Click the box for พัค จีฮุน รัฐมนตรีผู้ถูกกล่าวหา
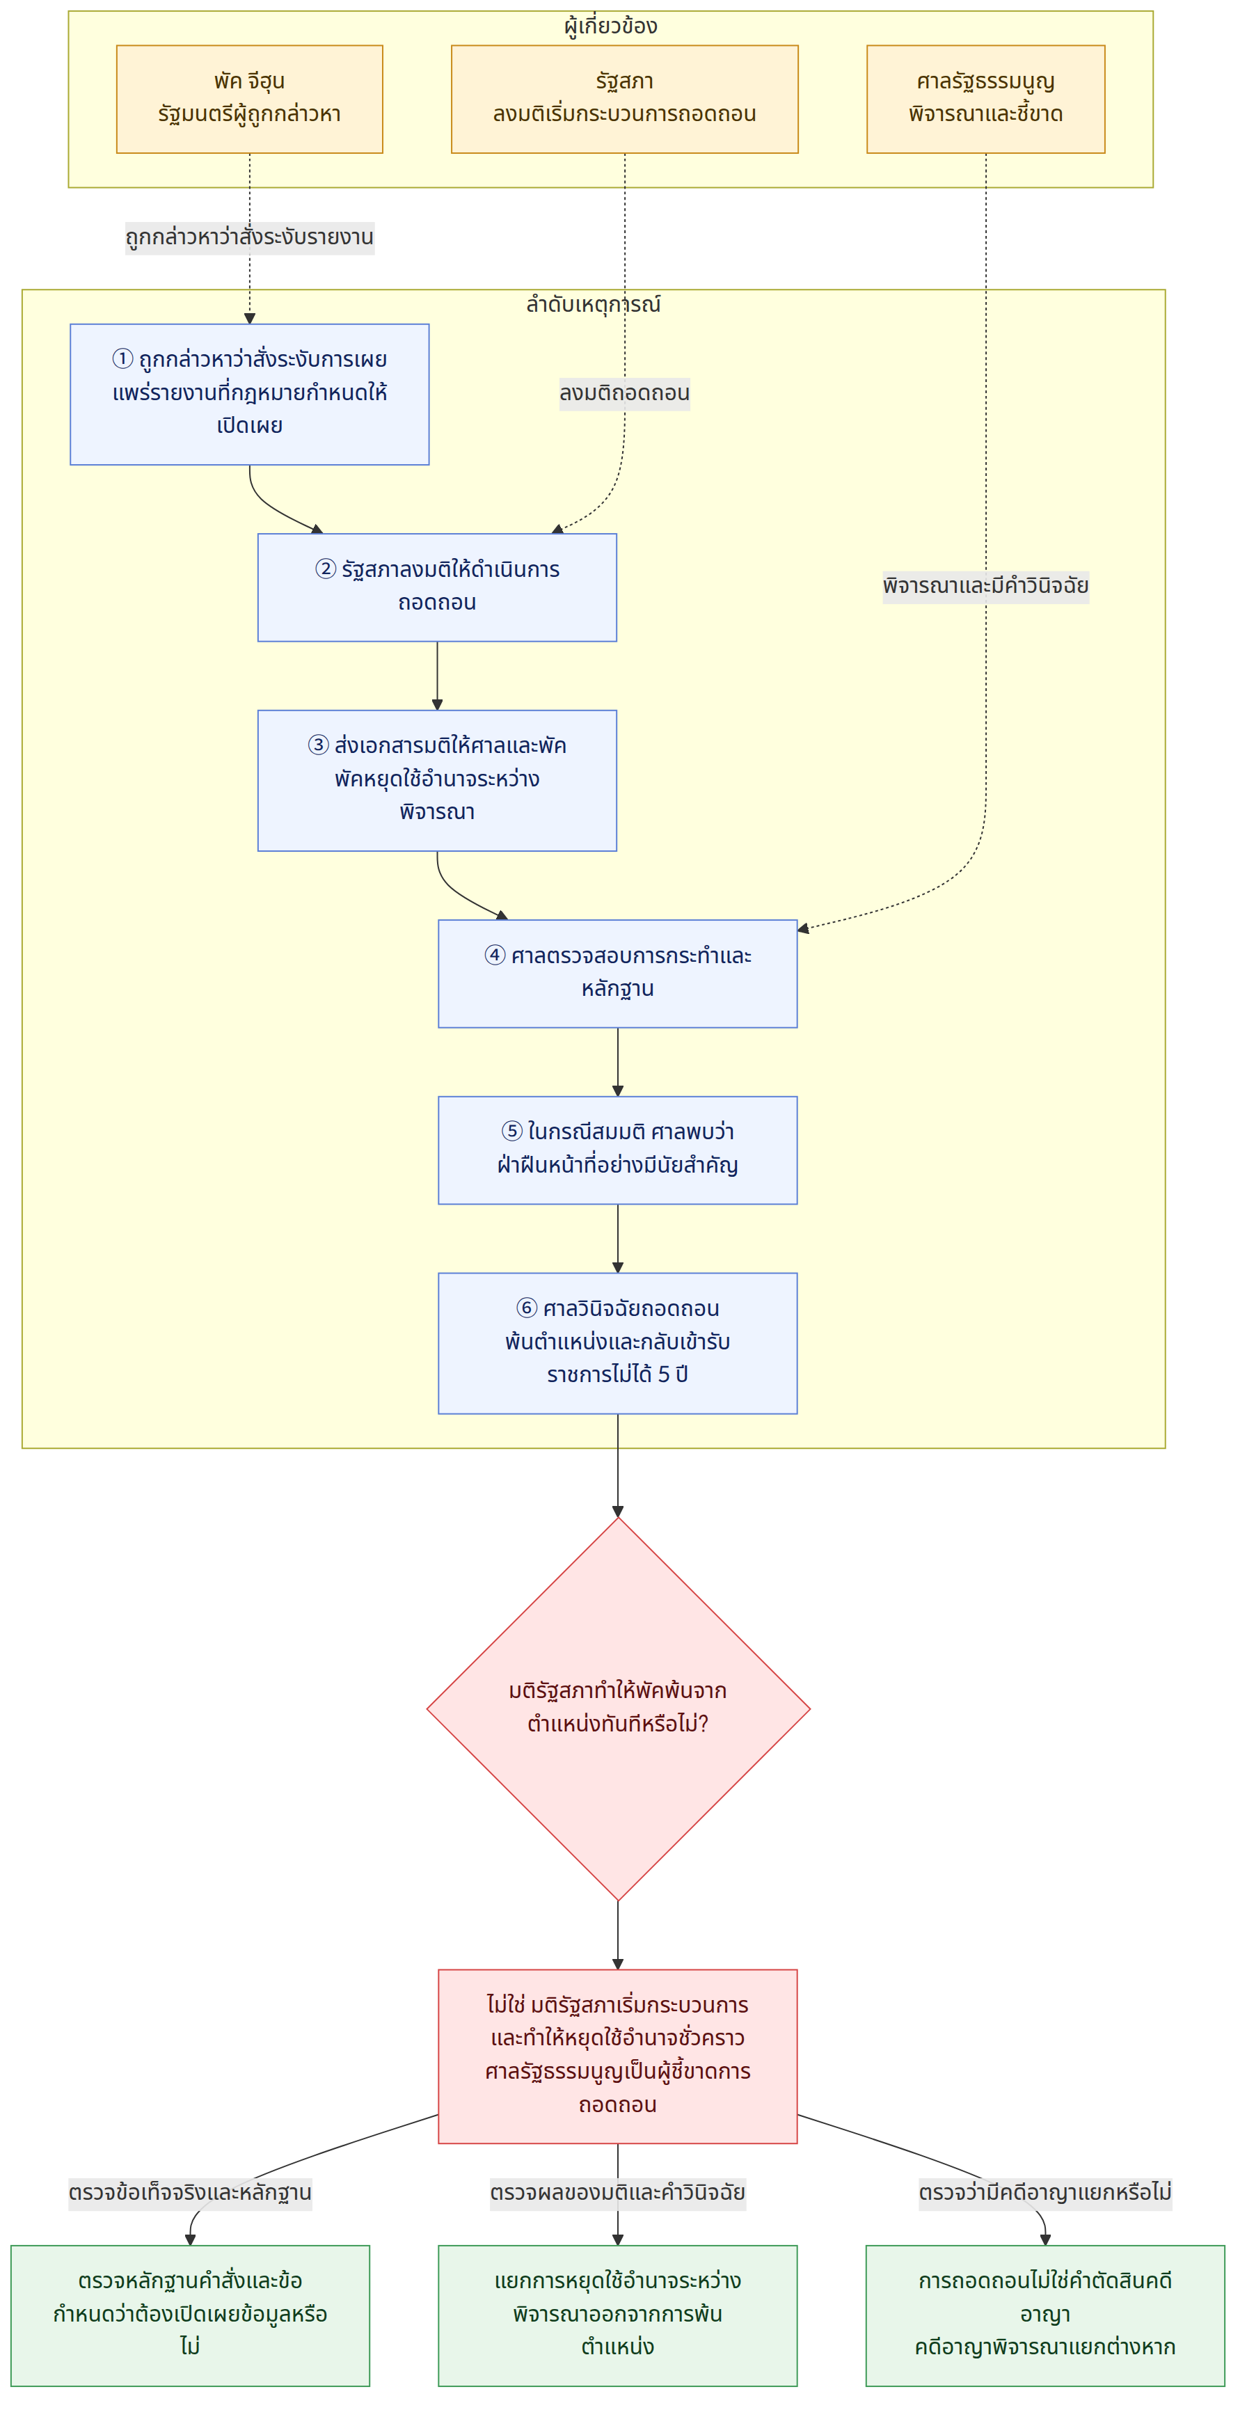click(249, 99)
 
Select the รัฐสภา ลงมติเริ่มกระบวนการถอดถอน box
click(624, 99)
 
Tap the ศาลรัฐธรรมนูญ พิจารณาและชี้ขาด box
click(985, 99)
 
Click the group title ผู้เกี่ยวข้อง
click(610, 25)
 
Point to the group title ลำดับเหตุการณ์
click(594, 304)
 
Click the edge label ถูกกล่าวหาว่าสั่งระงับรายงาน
click(250, 237)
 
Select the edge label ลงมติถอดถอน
click(624, 392)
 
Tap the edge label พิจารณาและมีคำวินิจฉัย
click(985, 586)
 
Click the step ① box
click(250, 395)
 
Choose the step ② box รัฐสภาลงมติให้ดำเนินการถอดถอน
click(438, 588)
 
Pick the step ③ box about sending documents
click(438, 780)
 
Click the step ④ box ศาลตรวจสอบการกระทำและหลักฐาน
click(618, 974)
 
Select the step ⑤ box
click(618, 1150)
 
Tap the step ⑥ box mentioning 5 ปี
click(618, 1343)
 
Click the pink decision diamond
click(618, 1709)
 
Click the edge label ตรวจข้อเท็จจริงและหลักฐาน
click(190, 2193)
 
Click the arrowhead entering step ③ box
click(438, 704)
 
